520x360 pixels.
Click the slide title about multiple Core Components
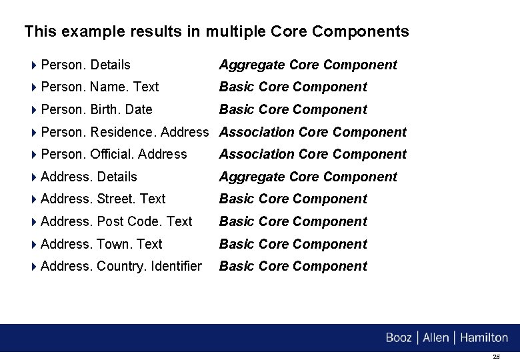coord(217,31)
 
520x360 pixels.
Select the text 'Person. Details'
coord(85,65)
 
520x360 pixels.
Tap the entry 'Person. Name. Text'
coord(99,87)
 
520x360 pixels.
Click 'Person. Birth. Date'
coord(96,109)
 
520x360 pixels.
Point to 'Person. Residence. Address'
coord(125,132)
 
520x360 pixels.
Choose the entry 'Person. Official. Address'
coord(113,154)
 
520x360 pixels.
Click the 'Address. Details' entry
coord(89,177)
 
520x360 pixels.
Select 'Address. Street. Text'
coord(103,199)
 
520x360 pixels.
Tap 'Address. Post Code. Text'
coord(116,221)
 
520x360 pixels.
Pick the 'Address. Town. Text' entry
coord(101,244)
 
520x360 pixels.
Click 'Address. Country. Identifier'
coord(121,266)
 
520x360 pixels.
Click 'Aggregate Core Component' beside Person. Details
coord(308,65)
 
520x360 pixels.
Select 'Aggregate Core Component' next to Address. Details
coord(308,177)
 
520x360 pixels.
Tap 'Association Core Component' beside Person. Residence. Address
coord(313,132)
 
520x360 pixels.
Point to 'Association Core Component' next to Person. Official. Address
coord(313,154)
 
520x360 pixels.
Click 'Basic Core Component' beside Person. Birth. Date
coord(293,109)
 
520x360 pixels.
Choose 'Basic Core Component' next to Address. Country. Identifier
coord(293,266)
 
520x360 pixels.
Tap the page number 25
coord(496,357)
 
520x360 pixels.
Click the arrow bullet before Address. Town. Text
coord(34,244)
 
